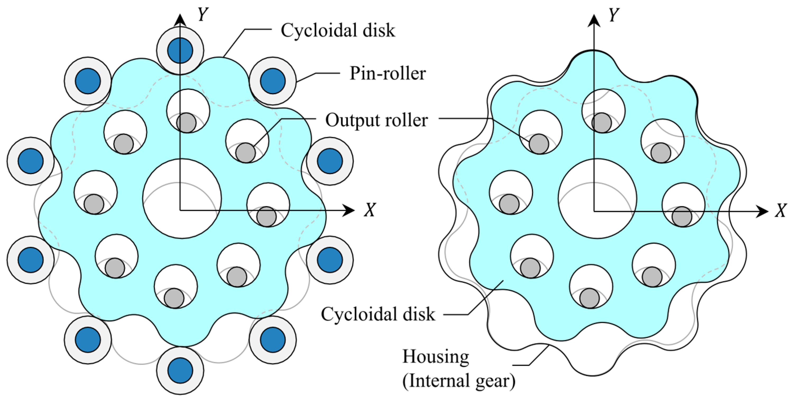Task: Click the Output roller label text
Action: pos(376,120)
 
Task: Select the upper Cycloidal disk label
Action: pos(338,30)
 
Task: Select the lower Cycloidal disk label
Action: pos(378,314)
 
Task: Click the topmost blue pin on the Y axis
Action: pos(180,50)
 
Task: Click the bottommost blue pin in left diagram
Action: pos(180,370)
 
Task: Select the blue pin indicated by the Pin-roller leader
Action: pos(273,81)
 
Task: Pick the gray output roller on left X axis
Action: pos(266,216)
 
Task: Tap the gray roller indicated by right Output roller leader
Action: pos(539,144)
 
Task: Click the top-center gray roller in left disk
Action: pos(186,123)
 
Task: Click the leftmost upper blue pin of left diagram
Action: pos(31,161)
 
